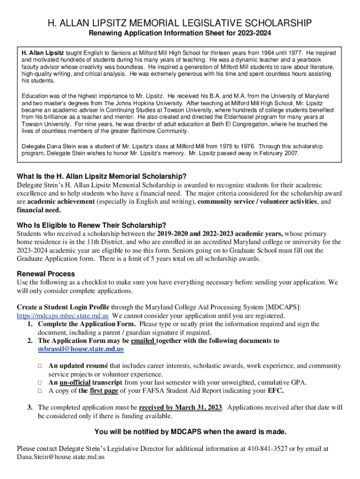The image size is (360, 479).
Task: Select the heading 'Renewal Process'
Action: point(46,274)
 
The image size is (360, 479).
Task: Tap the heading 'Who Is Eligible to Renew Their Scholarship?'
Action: point(92,225)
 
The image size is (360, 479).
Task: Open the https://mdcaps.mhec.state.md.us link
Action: point(63,316)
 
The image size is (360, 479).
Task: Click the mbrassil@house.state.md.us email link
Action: point(81,349)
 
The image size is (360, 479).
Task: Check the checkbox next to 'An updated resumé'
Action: point(40,366)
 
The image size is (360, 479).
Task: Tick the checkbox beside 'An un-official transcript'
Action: point(40,383)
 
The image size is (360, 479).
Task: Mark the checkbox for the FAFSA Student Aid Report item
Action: point(40,391)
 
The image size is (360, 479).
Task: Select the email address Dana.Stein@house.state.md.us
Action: point(60,457)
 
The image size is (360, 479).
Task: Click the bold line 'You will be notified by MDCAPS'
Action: point(190,431)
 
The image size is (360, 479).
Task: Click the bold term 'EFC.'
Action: point(275,391)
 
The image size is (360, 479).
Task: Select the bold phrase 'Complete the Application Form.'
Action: point(86,324)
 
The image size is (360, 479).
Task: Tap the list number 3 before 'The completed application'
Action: point(29,407)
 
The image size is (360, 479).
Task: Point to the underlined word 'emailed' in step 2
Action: point(144,341)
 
